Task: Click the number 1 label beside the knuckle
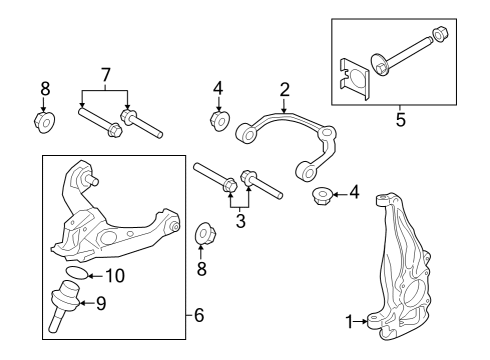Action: [349, 322]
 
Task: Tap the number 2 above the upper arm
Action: [284, 89]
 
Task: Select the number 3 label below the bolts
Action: [239, 220]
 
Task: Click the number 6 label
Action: [198, 316]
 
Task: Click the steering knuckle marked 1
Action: [406, 270]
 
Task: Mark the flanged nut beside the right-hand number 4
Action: [323, 194]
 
